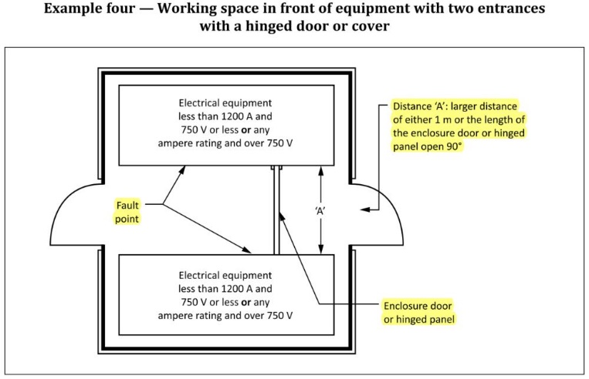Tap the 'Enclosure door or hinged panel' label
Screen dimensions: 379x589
(420, 310)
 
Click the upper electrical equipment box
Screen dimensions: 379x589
(225, 124)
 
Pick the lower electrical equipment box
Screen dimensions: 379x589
(225, 294)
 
